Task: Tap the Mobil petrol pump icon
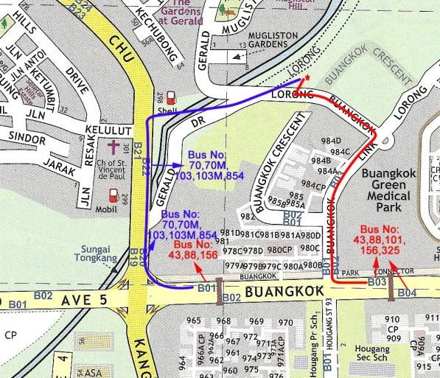(114, 195)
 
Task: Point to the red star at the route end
(306, 77)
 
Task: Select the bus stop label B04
(407, 293)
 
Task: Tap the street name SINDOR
(29, 138)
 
